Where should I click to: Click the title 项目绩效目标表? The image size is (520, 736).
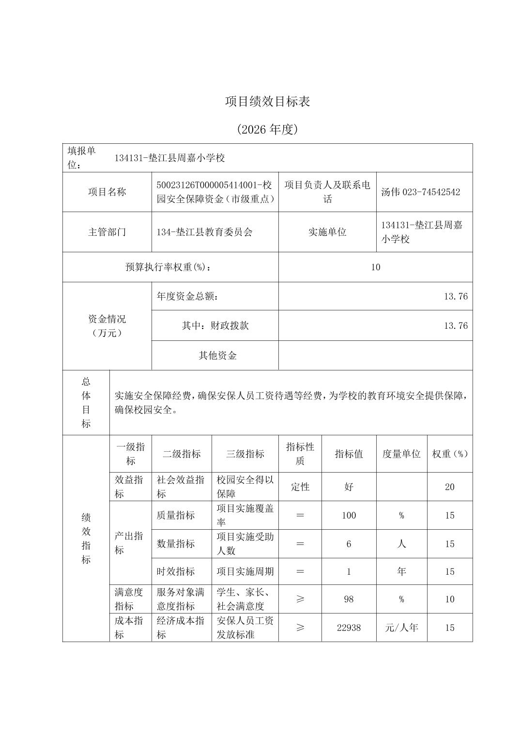point(267,101)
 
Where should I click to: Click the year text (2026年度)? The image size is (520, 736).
point(267,129)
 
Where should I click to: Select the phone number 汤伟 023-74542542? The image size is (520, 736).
point(420,192)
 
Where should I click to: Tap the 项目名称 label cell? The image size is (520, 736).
point(107,192)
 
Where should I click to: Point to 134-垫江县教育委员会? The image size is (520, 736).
point(204,232)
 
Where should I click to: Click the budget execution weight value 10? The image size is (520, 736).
point(376,267)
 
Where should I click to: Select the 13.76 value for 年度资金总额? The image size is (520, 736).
point(456,296)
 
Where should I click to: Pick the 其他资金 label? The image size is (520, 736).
point(217,355)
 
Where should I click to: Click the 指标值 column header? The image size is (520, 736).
point(349,454)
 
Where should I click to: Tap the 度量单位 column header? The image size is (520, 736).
point(401,454)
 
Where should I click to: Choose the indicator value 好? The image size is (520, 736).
point(349,487)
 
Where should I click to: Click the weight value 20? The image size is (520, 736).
point(449,487)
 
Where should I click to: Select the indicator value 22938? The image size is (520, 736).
point(349,628)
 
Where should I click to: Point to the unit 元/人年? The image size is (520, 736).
point(401,628)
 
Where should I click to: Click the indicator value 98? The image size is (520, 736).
point(349,599)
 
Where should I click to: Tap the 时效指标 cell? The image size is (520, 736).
point(175,571)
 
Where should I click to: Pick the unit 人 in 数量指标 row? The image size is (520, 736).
point(401,544)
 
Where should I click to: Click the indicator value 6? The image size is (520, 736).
point(349,544)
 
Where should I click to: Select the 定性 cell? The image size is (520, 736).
point(300,487)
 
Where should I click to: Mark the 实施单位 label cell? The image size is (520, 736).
point(327,232)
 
